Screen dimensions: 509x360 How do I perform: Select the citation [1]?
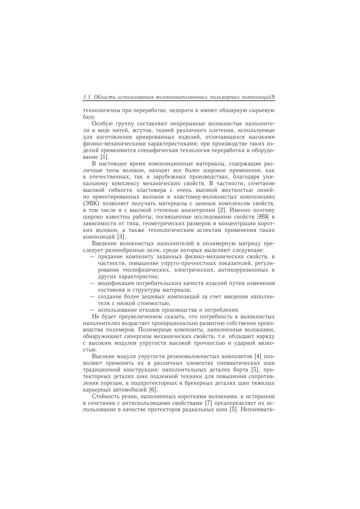[104, 157]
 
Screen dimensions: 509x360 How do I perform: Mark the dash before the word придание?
[93, 257]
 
